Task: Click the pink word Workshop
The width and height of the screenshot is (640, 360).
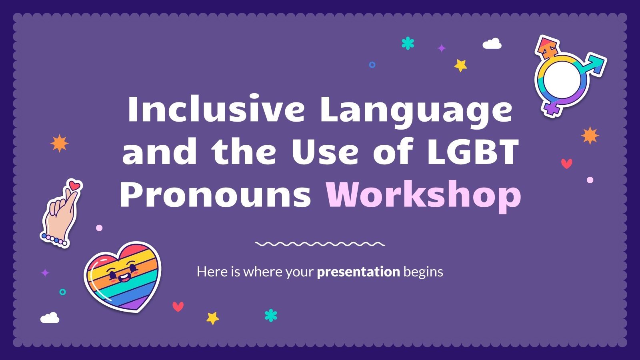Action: (x=423, y=195)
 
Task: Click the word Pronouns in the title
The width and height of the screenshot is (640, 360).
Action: (x=215, y=195)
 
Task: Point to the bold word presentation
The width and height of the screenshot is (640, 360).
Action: (x=358, y=272)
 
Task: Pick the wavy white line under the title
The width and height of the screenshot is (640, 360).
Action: (x=320, y=244)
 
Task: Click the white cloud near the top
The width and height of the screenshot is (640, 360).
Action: (x=492, y=44)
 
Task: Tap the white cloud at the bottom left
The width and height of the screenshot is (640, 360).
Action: (x=50, y=318)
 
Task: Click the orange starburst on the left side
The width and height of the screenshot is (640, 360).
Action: (x=59, y=144)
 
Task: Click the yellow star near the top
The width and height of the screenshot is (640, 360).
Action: (x=461, y=65)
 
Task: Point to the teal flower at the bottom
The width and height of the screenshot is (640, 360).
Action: (x=271, y=315)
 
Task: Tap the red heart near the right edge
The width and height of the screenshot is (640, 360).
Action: (x=566, y=163)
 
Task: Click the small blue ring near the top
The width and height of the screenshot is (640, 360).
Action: (x=372, y=64)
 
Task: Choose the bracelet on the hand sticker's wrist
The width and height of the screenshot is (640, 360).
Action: (x=54, y=240)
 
